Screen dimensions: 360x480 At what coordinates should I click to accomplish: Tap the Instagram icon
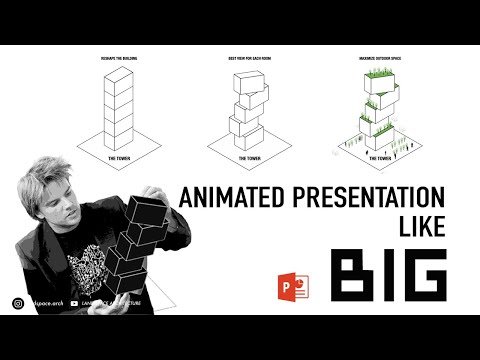coord(19,303)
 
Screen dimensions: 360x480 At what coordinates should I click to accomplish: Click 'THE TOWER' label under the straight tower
coord(121,158)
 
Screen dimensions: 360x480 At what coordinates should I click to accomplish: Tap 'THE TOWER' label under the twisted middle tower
coord(244,158)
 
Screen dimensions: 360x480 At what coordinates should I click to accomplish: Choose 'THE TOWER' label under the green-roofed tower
coord(379,158)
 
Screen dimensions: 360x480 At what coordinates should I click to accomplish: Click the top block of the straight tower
coord(121,78)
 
